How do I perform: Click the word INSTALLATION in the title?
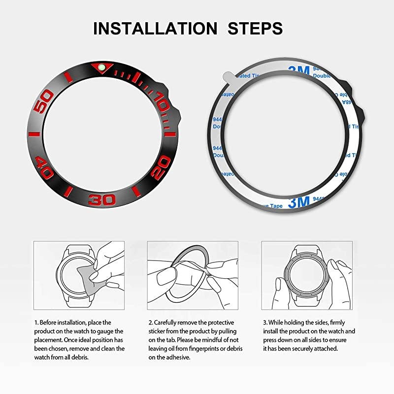point(155,28)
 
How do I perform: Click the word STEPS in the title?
point(256,28)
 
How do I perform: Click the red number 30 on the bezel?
point(103,199)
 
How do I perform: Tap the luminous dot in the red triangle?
point(102,67)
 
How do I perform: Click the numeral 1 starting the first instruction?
point(35,322)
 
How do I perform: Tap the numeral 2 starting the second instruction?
point(150,322)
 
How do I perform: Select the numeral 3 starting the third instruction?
point(263,322)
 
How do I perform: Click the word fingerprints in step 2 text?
point(212,349)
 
